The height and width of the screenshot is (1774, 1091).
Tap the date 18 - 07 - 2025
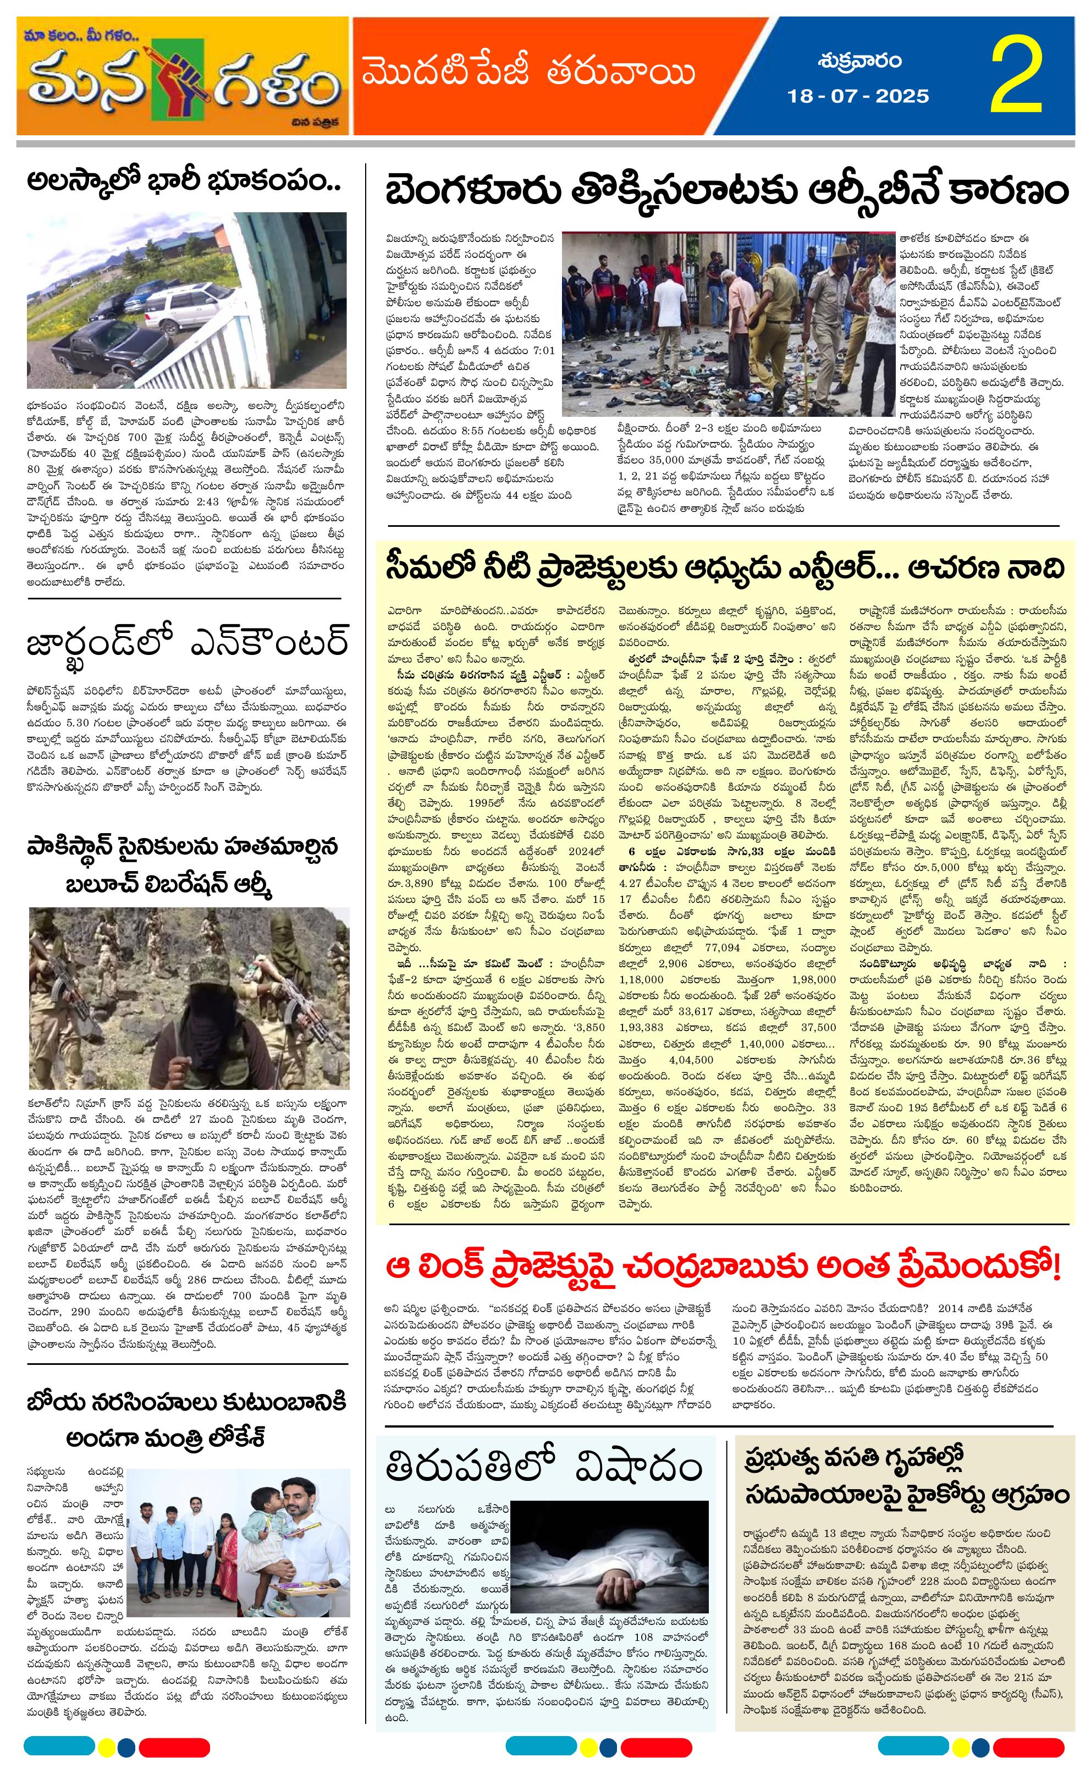[x=858, y=96]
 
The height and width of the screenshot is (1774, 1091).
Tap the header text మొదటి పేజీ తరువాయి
[x=528, y=74]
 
